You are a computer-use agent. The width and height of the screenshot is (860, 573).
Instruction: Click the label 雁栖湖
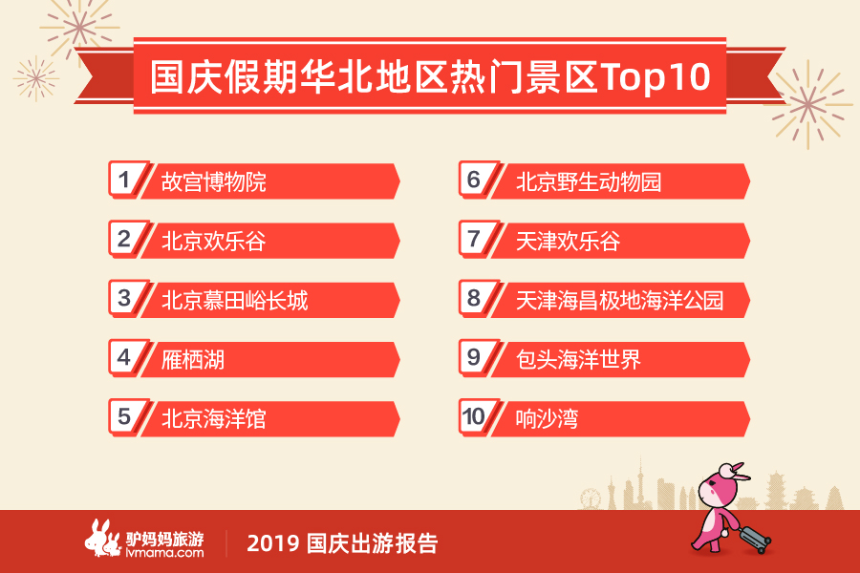pos(192,360)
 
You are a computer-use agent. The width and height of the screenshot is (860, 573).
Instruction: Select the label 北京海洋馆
pos(213,419)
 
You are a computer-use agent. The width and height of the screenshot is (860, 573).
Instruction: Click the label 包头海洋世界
pos(578,360)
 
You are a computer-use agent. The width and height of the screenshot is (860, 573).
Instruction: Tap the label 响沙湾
pos(547,419)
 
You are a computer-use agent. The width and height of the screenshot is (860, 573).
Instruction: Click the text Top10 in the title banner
pos(656,76)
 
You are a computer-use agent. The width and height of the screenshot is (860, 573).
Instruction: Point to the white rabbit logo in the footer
pos(102,538)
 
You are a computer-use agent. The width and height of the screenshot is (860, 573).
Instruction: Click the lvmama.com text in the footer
pos(164,553)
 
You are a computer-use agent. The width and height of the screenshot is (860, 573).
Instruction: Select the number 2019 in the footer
pos(272,543)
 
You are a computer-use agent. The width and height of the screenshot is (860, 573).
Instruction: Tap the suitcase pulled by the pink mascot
pos(753,538)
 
